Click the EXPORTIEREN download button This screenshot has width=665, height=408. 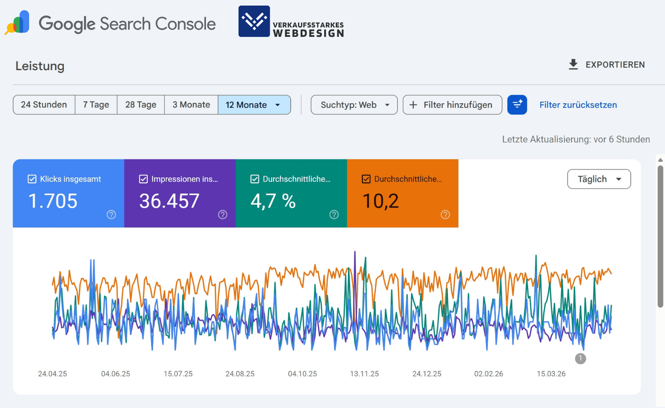pyautogui.click(x=606, y=65)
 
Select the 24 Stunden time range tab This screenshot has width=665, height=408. pyautogui.click(x=44, y=105)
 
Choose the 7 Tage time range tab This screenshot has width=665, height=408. pyautogui.click(x=96, y=105)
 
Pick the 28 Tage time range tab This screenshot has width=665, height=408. pyautogui.click(x=140, y=105)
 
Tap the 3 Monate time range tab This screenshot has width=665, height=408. pyautogui.click(x=191, y=105)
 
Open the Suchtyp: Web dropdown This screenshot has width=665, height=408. pyautogui.click(x=354, y=105)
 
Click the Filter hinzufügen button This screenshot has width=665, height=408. pyautogui.click(x=452, y=105)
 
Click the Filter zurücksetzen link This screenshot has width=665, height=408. pyautogui.click(x=578, y=105)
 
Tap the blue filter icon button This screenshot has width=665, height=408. pyautogui.click(x=517, y=105)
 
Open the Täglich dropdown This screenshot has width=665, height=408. pyautogui.click(x=599, y=179)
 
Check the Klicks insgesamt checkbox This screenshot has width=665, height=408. pyautogui.click(x=32, y=179)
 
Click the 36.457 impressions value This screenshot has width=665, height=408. pyautogui.click(x=169, y=201)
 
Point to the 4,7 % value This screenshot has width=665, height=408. pyautogui.click(x=273, y=201)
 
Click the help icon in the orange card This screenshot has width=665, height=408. pyautogui.click(x=445, y=215)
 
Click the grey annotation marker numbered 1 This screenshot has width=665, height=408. pyautogui.click(x=580, y=358)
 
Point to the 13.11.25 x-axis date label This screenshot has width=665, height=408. pyautogui.click(x=364, y=374)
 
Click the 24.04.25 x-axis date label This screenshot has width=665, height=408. pyautogui.click(x=53, y=374)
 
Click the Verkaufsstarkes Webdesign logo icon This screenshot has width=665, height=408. pyautogui.click(x=254, y=21)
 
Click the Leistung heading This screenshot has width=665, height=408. pyautogui.click(x=40, y=66)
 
